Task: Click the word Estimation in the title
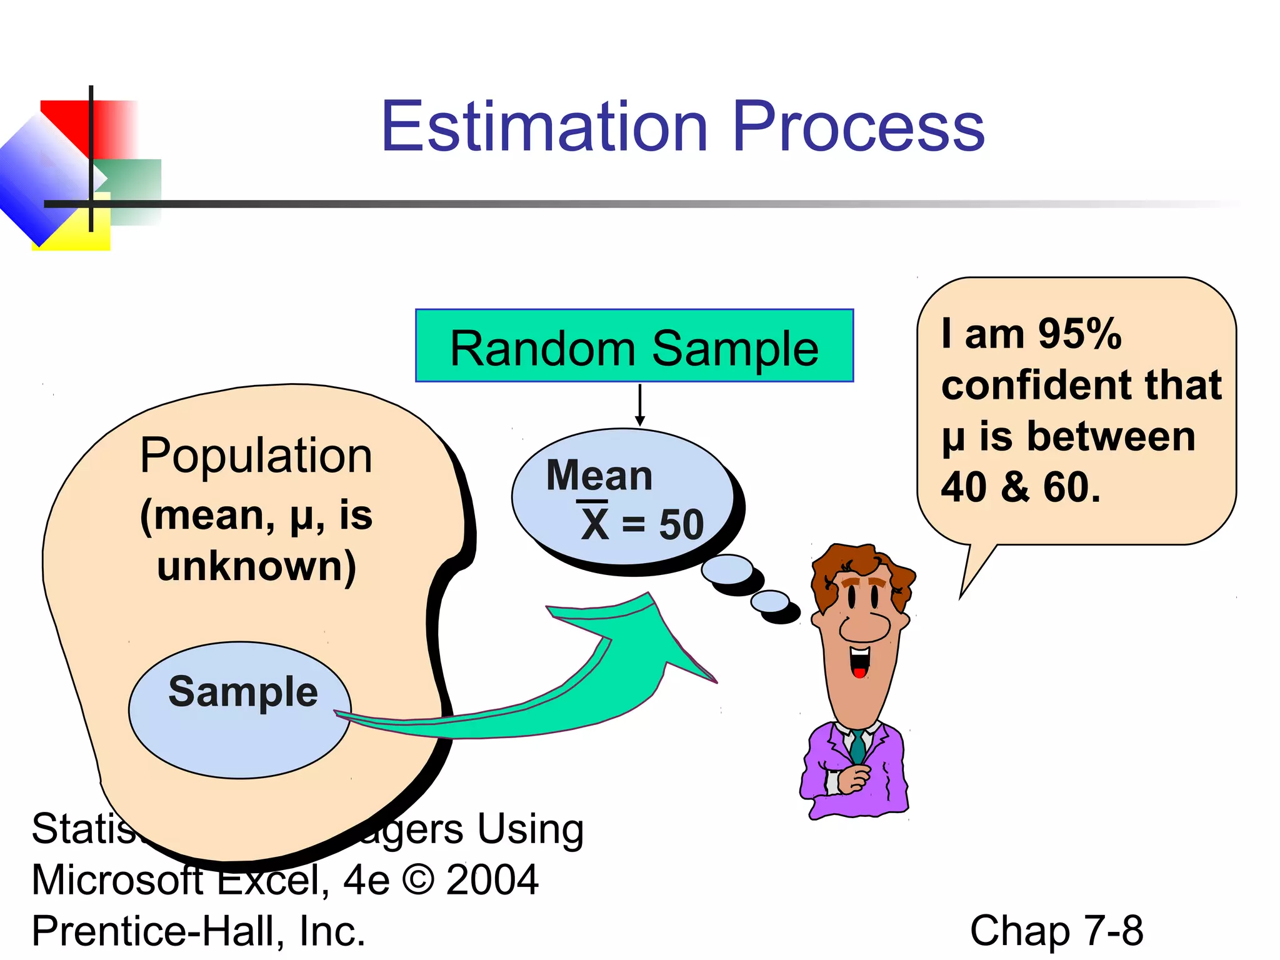coord(544,127)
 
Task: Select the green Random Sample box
coord(634,346)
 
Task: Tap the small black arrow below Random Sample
coord(639,406)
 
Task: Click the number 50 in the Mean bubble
coord(681,525)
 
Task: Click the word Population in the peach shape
coord(256,456)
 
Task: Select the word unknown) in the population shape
coord(256,566)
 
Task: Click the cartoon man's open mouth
coord(860,661)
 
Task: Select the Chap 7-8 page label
coord(1056,931)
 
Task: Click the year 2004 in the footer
coord(492,880)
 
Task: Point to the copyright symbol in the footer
coord(418,880)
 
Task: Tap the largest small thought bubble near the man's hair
coord(727,569)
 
